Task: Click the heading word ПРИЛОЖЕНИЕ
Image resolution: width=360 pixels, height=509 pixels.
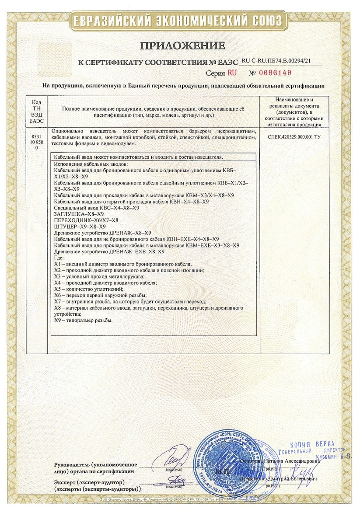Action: tap(182, 45)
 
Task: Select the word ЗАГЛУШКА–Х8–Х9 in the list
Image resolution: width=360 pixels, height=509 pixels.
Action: tap(78, 214)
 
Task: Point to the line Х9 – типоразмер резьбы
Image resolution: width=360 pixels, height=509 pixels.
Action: tap(83, 321)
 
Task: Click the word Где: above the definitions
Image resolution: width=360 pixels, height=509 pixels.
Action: tap(57, 258)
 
